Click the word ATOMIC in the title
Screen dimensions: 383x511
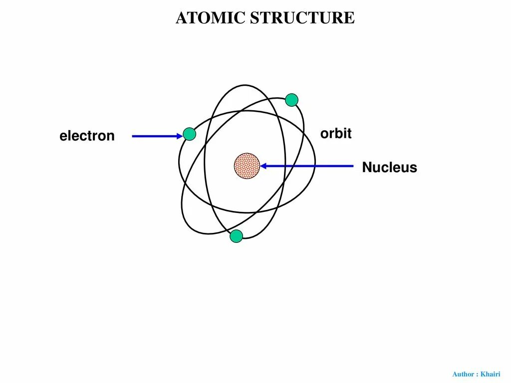(x=210, y=18)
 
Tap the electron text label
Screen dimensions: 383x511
(x=87, y=136)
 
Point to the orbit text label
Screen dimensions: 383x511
(x=336, y=134)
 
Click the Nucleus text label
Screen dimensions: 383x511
(x=389, y=168)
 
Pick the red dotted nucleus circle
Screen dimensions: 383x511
(x=247, y=166)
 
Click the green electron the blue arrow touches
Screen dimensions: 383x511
(x=190, y=134)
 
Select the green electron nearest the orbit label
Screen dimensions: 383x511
(x=292, y=100)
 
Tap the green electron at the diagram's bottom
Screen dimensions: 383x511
(x=236, y=236)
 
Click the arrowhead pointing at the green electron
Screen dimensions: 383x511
(x=180, y=136)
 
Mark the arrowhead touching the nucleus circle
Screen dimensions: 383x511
(x=263, y=166)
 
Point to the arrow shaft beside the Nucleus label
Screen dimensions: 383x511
(x=309, y=166)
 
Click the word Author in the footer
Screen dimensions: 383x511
(x=463, y=374)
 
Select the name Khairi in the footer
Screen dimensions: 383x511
(x=490, y=374)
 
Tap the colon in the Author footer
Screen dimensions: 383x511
(x=477, y=375)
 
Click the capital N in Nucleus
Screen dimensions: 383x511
(x=367, y=168)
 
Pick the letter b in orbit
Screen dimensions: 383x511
(x=339, y=133)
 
